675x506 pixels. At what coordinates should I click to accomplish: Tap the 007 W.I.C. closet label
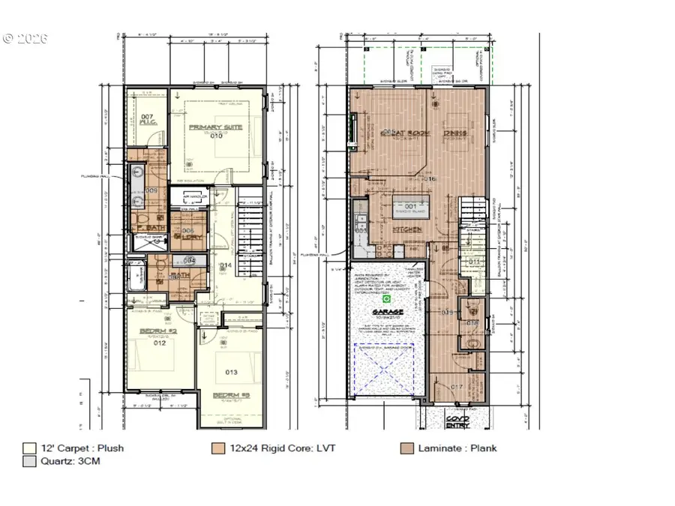[x=146, y=120]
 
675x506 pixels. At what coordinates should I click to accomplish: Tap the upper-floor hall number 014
[x=224, y=265]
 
